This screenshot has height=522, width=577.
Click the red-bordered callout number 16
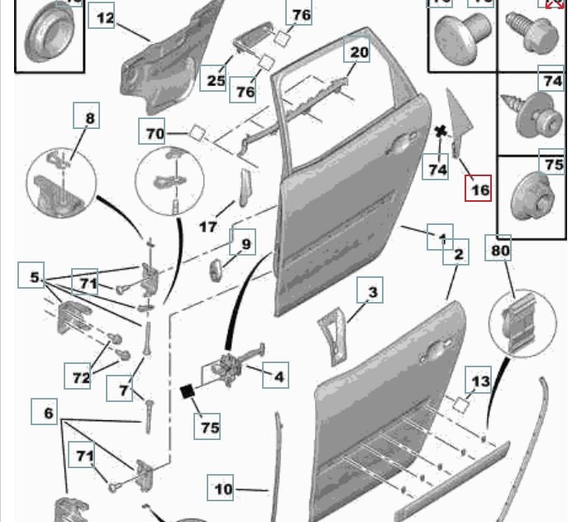(x=479, y=189)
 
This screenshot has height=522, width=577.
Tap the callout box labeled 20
(x=358, y=51)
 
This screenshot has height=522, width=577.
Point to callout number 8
(x=89, y=117)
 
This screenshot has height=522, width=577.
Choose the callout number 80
(x=501, y=247)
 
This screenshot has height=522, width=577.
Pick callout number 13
(x=480, y=381)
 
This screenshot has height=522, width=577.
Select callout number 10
(x=223, y=489)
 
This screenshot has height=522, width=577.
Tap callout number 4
(x=279, y=376)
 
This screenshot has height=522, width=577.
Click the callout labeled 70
(x=155, y=133)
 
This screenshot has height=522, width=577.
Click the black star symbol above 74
(x=441, y=131)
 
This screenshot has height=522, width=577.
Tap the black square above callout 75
(x=188, y=390)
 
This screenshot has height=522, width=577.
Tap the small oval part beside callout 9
(x=216, y=271)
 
